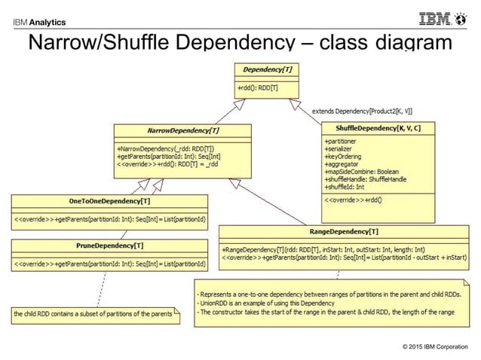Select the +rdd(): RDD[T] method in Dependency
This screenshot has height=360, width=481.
[x=259, y=88]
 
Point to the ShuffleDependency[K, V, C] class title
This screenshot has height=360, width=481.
[x=378, y=129]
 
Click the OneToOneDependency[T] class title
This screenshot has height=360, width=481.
[x=110, y=201]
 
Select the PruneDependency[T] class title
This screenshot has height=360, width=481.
[x=110, y=246]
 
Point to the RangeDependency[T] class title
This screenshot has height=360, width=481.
[x=344, y=231]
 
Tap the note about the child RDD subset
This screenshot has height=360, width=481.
[x=93, y=313]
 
